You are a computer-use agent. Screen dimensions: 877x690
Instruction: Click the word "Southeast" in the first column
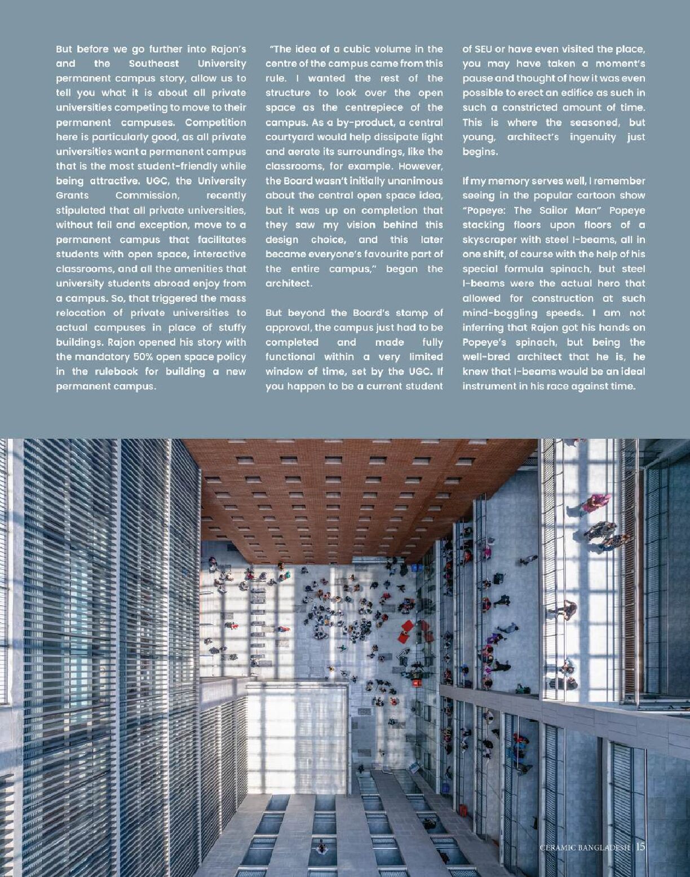point(153,64)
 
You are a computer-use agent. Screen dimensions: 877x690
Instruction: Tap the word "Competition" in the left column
point(215,122)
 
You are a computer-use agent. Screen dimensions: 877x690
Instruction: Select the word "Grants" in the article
point(72,196)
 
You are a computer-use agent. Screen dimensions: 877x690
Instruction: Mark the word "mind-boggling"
point(499,313)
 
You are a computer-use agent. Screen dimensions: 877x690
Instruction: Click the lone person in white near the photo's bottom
point(322,847)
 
